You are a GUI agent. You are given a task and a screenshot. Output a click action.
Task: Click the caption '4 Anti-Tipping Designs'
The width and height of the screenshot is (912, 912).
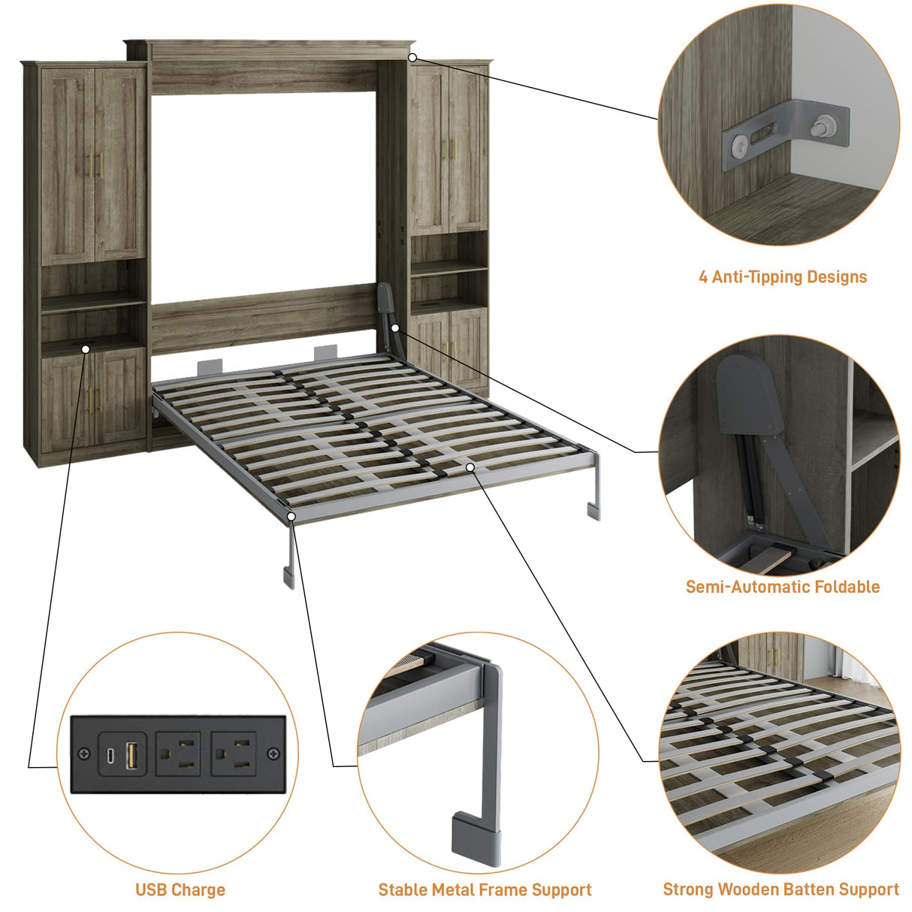tap(782, 277)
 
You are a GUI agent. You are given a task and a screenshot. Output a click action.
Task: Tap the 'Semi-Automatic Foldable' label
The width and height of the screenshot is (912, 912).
tap(782, 587)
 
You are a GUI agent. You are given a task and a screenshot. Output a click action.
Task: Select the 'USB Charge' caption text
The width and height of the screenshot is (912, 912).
tap(180, 890)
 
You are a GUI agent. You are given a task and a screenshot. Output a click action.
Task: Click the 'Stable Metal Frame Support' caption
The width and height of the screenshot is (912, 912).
tap(485, 890)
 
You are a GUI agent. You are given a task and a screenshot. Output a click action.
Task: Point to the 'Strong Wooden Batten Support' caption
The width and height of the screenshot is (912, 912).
tap(781, 889)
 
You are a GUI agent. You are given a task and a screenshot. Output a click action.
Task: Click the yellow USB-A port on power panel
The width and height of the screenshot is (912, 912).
tap(131, 754)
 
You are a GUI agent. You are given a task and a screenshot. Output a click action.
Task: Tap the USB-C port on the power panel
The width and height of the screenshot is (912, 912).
tap(111, 754)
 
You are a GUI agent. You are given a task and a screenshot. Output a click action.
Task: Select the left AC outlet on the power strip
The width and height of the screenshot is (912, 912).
tap(178, 753)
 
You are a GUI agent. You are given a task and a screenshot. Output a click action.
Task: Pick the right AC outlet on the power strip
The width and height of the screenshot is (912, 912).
tap(232, 753)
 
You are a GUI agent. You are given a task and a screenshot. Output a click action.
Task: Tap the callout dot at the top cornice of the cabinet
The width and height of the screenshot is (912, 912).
tap(412, 57)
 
